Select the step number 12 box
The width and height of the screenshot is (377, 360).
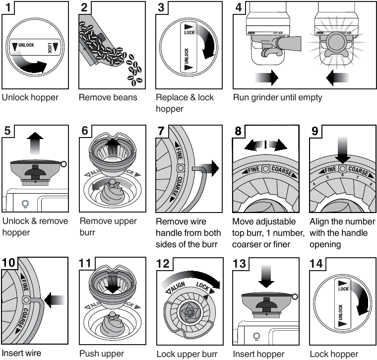click(164, 264)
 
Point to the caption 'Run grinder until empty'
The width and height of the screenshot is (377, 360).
click(277, 97)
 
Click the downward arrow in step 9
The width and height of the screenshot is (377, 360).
click(342, 147)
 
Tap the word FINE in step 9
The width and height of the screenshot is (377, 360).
click(328, 169)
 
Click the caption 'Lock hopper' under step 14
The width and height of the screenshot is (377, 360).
click(333, 354)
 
